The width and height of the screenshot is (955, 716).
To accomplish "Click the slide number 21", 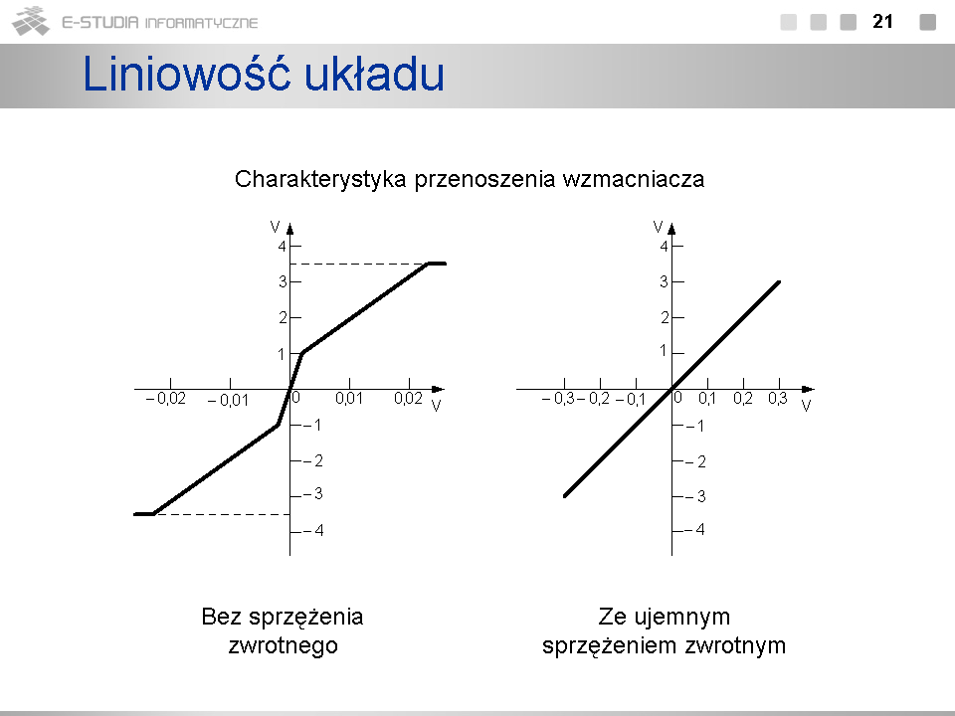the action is tap(882, 21).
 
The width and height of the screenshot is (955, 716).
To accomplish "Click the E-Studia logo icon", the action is tap(31, 21).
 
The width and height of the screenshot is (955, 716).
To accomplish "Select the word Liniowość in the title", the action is tap(186, 74).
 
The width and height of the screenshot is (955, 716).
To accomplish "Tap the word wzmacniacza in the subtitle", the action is tap(634, 179).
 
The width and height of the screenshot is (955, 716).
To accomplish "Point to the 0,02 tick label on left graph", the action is tap(408, 398).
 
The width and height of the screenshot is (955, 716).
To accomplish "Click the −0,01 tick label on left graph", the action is tap(228, 400).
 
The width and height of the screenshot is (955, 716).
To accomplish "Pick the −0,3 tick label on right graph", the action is tap(558, 399).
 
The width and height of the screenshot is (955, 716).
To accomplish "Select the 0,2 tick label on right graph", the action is tap(742, 398).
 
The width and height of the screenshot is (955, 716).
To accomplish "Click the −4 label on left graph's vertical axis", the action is tap(313, 531).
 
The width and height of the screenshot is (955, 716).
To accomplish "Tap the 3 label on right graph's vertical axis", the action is tap(664, 281).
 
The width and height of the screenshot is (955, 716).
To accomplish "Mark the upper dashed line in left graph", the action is tap(359, 265).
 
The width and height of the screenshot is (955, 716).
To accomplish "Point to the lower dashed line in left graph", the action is tap(222, 514).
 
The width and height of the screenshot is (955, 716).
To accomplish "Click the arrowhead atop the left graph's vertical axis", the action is tap(289, 229).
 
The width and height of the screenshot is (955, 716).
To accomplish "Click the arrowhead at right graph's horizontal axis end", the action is tap(808, 389).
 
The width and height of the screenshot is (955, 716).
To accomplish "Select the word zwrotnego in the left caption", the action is tap(284, 645).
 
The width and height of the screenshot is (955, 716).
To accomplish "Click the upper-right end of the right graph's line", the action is tap(779, 281).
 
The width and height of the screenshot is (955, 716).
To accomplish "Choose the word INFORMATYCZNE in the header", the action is tap(202, 23).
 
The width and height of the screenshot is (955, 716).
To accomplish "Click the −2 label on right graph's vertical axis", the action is tap(696, 461).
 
